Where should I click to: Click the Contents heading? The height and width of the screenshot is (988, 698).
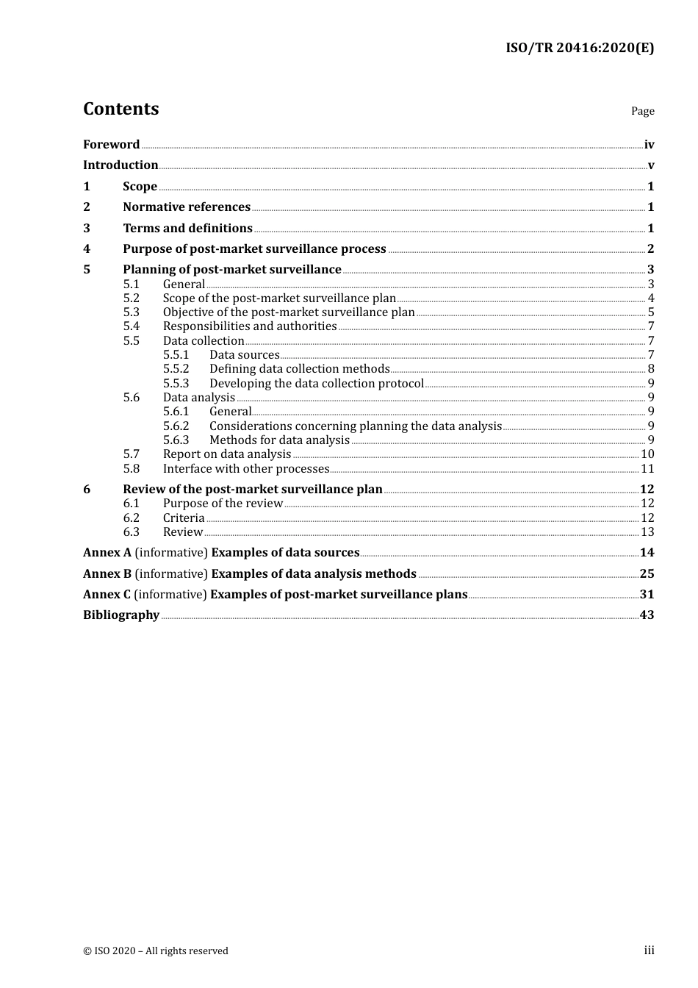point(120,109)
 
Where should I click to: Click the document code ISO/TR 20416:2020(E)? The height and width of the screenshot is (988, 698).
point(579,49)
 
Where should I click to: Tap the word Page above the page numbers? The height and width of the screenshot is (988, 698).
point(642,111)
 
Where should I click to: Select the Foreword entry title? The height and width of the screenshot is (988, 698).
point(111,145)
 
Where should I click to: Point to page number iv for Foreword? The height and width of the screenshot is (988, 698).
point(649,145)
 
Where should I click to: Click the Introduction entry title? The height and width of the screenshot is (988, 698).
point(120,165)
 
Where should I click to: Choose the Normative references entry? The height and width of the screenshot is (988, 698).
point(187,207)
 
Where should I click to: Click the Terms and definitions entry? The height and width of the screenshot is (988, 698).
point(187,229)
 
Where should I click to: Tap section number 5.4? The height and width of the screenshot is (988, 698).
point(131,326)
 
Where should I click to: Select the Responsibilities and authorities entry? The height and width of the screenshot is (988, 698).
point(250,326)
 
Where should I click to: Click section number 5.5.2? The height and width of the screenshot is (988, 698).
point(176,369)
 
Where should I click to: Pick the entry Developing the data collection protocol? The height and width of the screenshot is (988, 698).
point(317,384)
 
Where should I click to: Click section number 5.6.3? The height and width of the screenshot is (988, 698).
point(176,440)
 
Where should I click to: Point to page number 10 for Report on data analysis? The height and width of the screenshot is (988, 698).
point(647,454)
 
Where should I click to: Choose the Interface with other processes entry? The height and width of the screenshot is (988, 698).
point(246,469)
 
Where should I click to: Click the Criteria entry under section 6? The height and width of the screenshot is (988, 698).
point(184,518)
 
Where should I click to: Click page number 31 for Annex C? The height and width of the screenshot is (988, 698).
point(647,595)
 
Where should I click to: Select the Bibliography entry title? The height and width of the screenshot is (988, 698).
point(121,615)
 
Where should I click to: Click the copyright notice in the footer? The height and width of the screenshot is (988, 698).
point(156,951)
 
